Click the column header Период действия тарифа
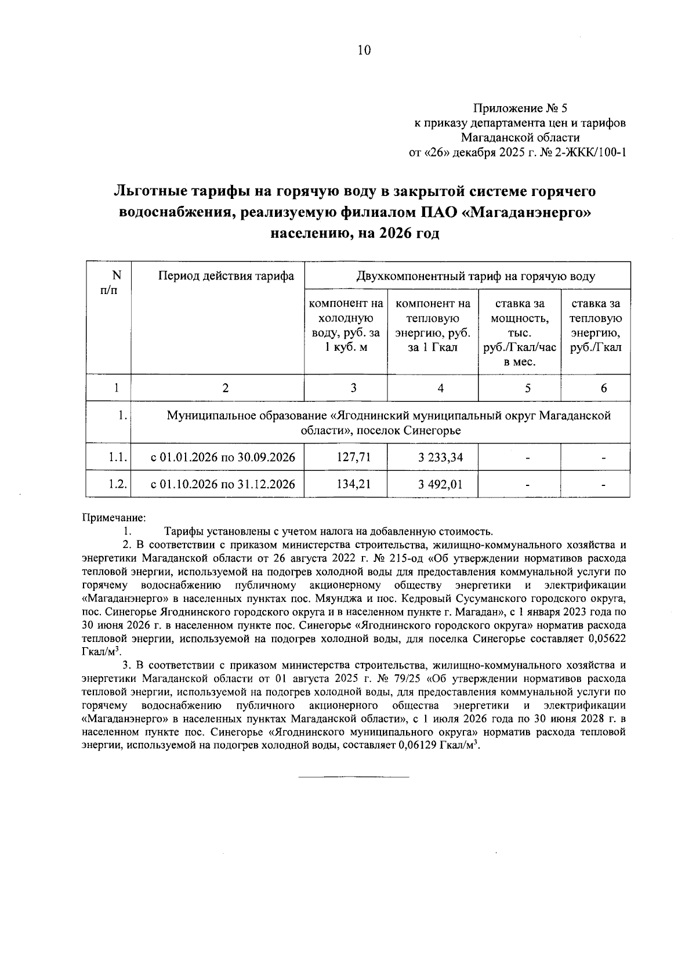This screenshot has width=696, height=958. (x=226, y=276)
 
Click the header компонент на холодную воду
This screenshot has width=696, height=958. (x=346, y=325)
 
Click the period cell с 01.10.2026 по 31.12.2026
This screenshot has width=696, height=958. (x=223, y=484)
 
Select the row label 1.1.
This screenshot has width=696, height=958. (x=117, y=458)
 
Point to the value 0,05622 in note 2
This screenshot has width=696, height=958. (x=606, y=638)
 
